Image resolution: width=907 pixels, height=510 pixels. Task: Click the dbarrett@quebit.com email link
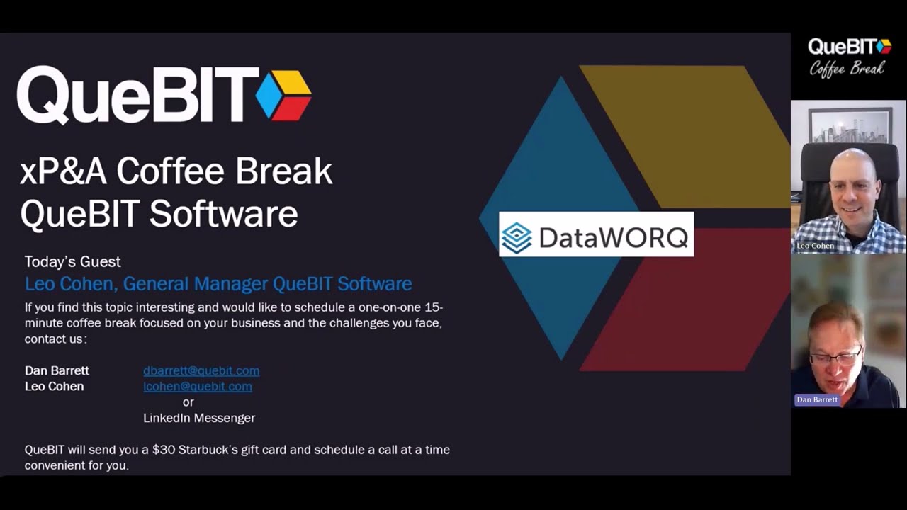coord(201,370)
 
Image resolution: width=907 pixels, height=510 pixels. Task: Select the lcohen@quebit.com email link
coord(198,386)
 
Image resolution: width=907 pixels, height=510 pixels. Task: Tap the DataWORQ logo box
coord(596,234)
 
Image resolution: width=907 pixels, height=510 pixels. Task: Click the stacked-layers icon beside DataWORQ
coord(517,238)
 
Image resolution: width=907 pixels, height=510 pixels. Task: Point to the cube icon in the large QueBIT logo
coord(283,95)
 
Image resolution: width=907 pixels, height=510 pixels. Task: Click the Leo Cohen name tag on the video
coord(815,246)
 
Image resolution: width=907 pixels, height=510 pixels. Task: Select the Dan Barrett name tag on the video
coord(817,399)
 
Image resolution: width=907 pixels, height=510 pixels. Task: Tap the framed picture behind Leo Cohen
coord(850,125)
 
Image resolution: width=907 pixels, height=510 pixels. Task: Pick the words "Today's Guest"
coord(72,262)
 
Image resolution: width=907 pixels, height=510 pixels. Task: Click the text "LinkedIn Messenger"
coord(199,418)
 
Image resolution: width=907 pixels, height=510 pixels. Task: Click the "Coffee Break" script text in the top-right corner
coord(847,69)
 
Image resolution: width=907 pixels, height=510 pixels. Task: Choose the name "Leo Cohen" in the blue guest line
coord(69,284)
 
